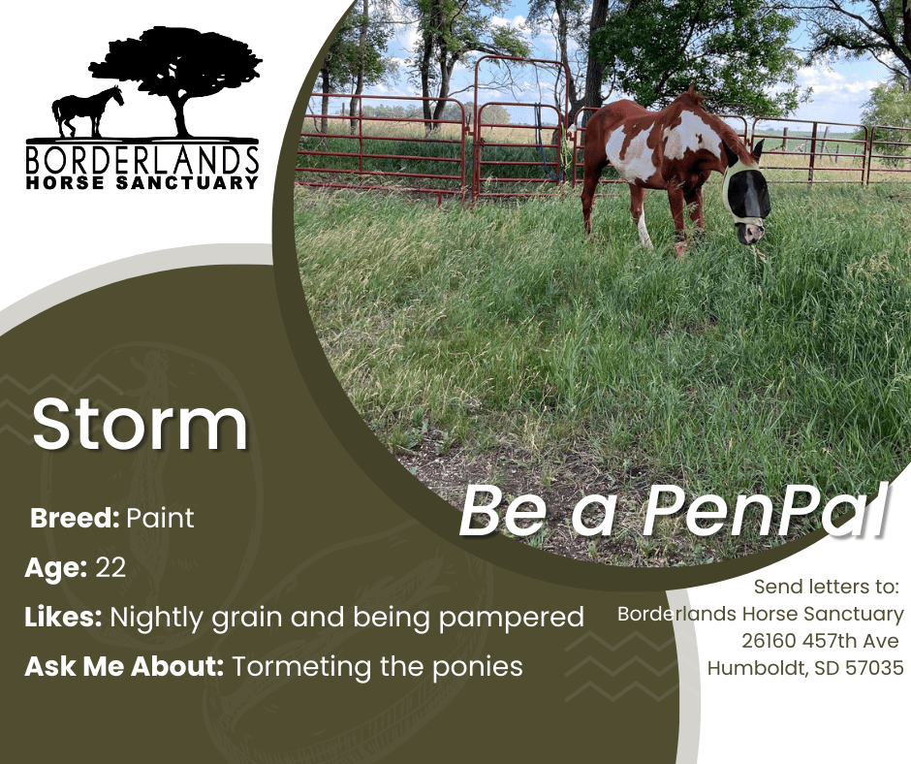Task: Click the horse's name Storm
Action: click(140, 424)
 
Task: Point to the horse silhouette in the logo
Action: click(88, 111)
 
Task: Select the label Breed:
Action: click(75, 518)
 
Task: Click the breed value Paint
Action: click(160, 518)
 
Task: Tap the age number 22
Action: click(110, 567)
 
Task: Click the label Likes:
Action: click(63, 617)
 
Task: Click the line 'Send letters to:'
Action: click(826, 587)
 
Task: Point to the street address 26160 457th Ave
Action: click(820, 641)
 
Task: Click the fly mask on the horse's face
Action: click(745, 192)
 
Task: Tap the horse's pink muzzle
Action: click(751, 233)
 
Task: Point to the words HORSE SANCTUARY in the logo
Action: click(142, 182)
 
